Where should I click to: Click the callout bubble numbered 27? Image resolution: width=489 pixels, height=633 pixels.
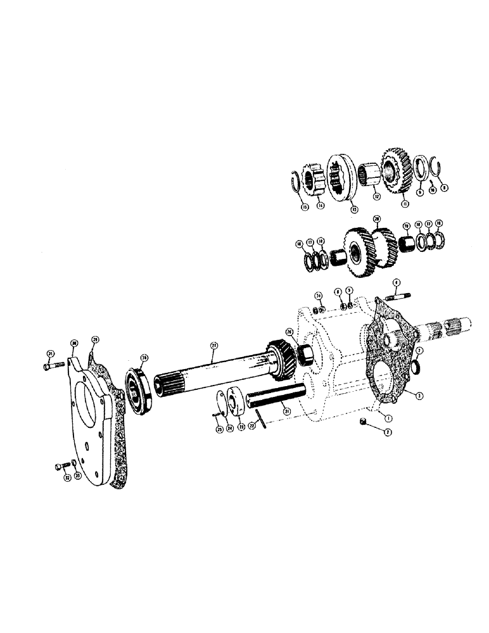pyautogui.click(x=213, y=346)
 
